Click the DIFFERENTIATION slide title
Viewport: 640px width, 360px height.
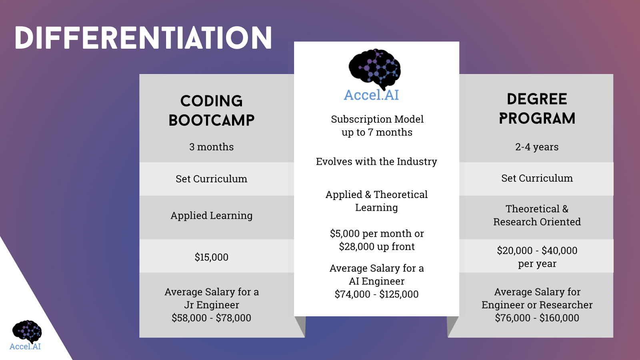pos(143,38)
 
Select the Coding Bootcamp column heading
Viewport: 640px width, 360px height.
pos(212,110)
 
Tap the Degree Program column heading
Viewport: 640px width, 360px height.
pos(537,109)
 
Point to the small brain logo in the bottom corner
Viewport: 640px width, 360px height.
pos(27,332)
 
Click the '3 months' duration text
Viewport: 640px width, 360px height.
pos(212,147)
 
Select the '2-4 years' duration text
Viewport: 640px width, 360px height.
pos(537,147)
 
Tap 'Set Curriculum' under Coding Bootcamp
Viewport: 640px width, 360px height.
pos(212,179)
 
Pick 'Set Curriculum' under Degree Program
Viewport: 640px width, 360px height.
pos(537,178)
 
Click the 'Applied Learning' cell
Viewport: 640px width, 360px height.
pos(212,216)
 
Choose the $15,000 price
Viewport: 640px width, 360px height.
pos(212,257)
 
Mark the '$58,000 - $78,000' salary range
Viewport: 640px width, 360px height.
pos(212,318)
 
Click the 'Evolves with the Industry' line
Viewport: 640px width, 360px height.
pos(376,162)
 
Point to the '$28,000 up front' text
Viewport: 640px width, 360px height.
pos(376,246)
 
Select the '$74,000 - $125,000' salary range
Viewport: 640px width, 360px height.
pos(376,294)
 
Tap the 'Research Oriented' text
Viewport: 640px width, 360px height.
pos(537,222)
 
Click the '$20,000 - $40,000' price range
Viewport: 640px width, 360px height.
pos(537,250)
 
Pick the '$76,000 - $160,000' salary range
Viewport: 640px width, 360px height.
pos(537,318)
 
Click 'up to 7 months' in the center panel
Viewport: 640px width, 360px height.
pos(377,132)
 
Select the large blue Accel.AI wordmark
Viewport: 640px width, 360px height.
pos(372,95)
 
